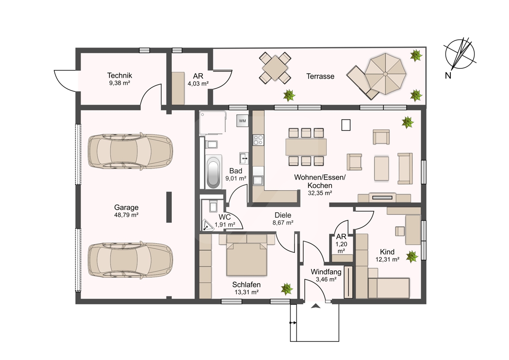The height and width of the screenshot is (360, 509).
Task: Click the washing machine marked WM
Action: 242,121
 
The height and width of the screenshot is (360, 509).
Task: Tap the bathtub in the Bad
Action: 213,172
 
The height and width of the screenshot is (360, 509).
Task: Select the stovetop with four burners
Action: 258,140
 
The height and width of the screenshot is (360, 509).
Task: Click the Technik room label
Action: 120,75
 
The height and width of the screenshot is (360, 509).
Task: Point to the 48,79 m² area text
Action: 126,215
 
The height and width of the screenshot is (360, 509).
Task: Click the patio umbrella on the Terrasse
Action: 386,74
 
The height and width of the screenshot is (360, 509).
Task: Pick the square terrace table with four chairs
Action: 275,68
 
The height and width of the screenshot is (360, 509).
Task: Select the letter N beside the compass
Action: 448,76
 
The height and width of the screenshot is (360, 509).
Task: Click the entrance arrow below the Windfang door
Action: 316,306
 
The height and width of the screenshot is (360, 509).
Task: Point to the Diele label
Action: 282,215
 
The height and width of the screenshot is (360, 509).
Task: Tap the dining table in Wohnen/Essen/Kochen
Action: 306,147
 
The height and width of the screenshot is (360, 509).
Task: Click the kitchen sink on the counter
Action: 258,180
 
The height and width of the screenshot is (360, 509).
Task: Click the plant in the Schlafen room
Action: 287,289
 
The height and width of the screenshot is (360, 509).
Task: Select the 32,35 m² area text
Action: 320,193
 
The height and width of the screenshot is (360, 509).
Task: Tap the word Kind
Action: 387,252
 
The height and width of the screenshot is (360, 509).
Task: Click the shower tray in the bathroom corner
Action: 213,123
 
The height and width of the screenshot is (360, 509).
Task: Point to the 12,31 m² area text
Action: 387,259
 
